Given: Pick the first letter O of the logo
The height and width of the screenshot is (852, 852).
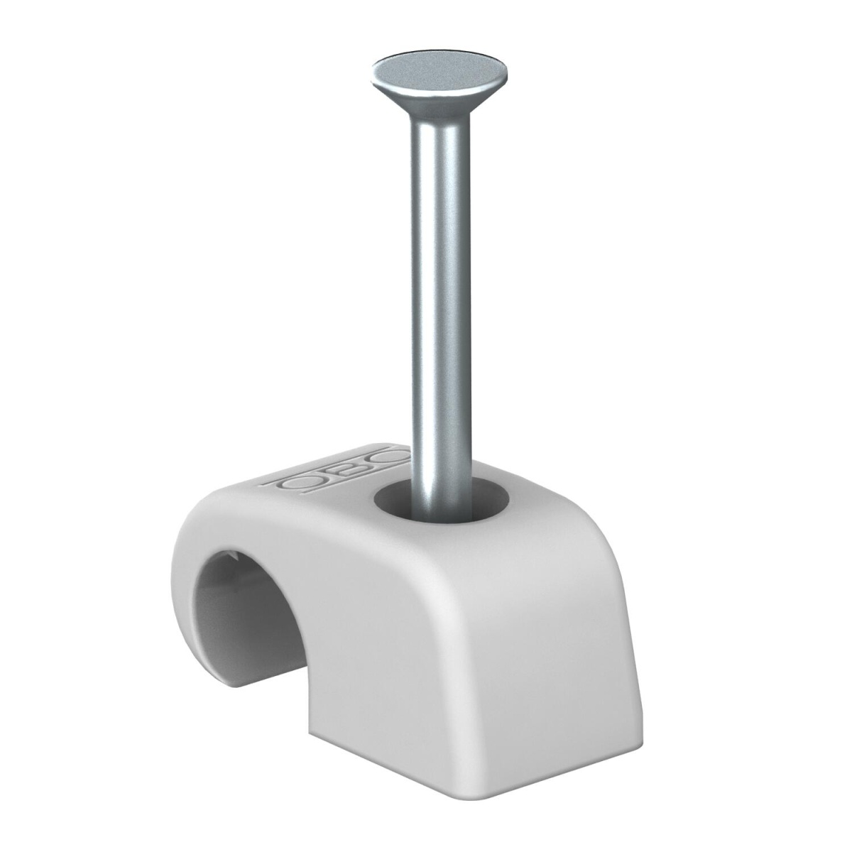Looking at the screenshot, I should click(x=298, y=482).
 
